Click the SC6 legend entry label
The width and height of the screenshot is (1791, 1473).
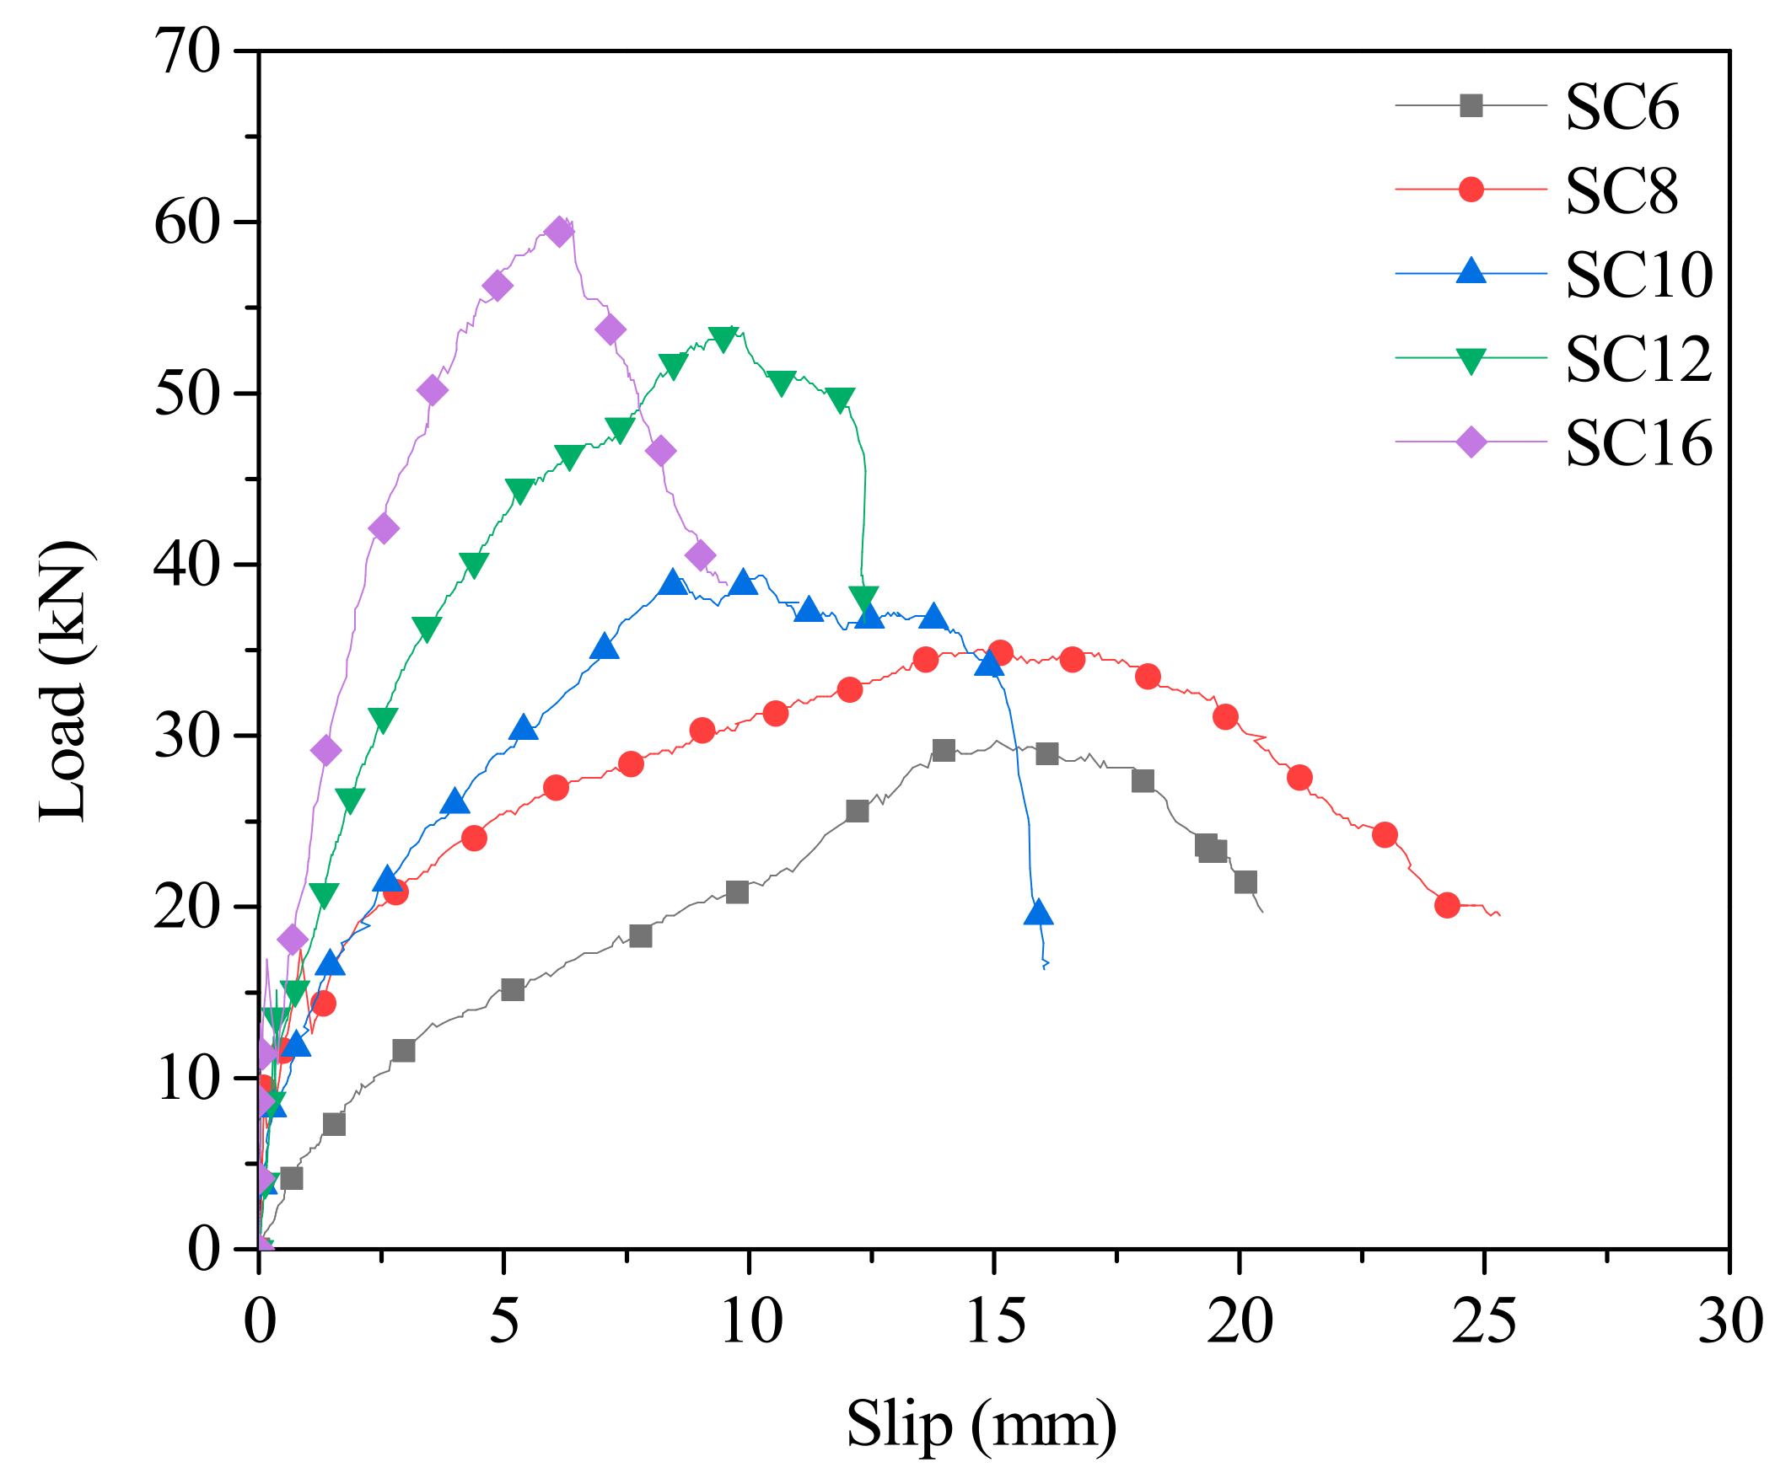(x=1621, y=107)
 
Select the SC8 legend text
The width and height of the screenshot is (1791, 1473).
(x=1621, y=191)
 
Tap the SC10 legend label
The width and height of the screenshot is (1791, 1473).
(x=1638, y=275)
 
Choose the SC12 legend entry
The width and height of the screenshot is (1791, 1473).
(x=1638, y=359)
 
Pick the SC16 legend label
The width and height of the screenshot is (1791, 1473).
(x=1638, y=443)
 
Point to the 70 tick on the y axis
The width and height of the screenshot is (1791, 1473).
(x=187, y=52)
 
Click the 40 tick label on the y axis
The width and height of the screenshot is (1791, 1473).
(x=187, y=565)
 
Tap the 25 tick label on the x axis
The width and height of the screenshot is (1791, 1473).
(x=1483, y=1321)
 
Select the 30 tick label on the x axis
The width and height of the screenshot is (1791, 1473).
(x=1729, y=1321)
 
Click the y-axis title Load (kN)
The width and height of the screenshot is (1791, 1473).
(x=63, y=681)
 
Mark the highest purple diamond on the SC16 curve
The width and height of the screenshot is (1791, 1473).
(x=558, y=232)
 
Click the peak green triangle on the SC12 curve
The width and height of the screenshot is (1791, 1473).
(x=723, y=338)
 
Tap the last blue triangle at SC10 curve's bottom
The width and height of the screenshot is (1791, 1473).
(x=1037, y=913)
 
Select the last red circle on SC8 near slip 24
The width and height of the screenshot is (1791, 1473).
(x=1446, y=905)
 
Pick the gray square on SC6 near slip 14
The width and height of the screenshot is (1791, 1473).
(x=943, y=750)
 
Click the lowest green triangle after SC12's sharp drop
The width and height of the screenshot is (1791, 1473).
(x=863, y=597)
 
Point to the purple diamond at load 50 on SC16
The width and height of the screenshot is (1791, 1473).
(x=432, y=391)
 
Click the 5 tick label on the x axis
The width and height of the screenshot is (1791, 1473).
(x=503, y=1321)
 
